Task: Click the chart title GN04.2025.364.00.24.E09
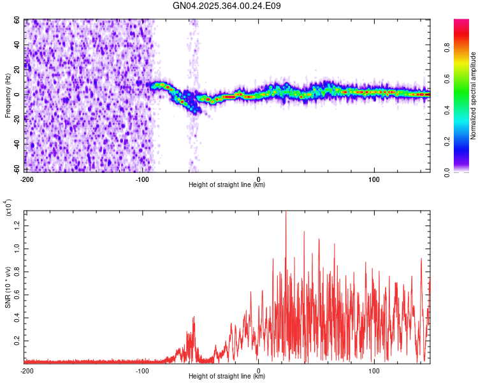(227, 6)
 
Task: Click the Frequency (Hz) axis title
(8, 96)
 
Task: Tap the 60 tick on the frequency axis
(17, 20)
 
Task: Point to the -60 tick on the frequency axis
(16, 169)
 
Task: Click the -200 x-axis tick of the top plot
(27, 178)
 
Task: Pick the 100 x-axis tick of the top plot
(375, 178)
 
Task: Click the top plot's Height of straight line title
(227, 184)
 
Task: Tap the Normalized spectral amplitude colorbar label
(474, 96)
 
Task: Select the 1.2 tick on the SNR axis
(17, 223)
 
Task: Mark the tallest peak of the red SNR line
(286, 212)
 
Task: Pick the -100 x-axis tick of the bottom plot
(142, 370)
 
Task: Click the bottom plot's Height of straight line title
(227, 376)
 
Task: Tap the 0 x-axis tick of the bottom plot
(259, 370)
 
